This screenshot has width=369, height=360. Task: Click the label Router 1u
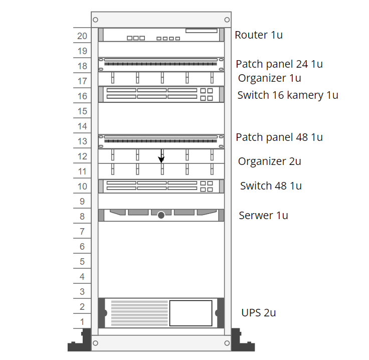click(x=259, y=35)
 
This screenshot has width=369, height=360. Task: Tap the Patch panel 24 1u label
click(x=279, y=64)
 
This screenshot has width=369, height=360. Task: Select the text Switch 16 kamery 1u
click(x=288, y=95)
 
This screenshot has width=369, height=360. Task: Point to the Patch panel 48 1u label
click(x=279, y=137)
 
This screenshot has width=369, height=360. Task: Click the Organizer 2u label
click(x=269, y=161)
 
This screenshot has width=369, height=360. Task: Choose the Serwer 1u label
click(x=263, y=216)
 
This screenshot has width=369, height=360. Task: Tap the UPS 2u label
click(x=258, y=313)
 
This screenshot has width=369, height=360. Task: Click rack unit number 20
click(x=82, y=36)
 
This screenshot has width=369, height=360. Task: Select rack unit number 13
click(x=82, y=141)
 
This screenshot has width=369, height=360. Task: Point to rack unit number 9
click(x=82, y=202)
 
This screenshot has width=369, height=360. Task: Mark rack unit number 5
click(x=82, y=262)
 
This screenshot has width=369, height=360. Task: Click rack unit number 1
click(x=82, y=322)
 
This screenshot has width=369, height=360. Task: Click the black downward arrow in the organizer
click(x=161, y=156)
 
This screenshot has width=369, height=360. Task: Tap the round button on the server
click(x=161, y=215)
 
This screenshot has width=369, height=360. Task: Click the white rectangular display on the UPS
click(x=191, y=313)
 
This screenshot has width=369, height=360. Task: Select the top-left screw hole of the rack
click(x=95, y=20)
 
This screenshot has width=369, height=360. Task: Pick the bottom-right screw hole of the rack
click(x=227, y=343)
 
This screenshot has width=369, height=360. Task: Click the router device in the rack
click(x=161, y=35)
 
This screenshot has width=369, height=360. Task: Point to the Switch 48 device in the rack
click(x=161, y=187)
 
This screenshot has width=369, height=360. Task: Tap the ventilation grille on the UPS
click(x=139, y=313)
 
